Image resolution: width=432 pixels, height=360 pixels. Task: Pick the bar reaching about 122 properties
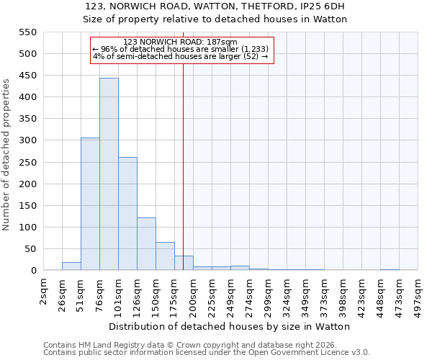[146, 244]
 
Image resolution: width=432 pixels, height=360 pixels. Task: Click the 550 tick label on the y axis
[27, 32]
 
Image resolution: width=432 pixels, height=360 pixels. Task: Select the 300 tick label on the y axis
[27, 140]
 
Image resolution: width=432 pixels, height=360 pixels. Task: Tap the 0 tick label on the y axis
[33, 271]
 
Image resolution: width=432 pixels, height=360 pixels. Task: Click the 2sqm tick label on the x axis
[44, 291]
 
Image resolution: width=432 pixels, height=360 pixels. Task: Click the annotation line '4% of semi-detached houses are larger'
[181, 56]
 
